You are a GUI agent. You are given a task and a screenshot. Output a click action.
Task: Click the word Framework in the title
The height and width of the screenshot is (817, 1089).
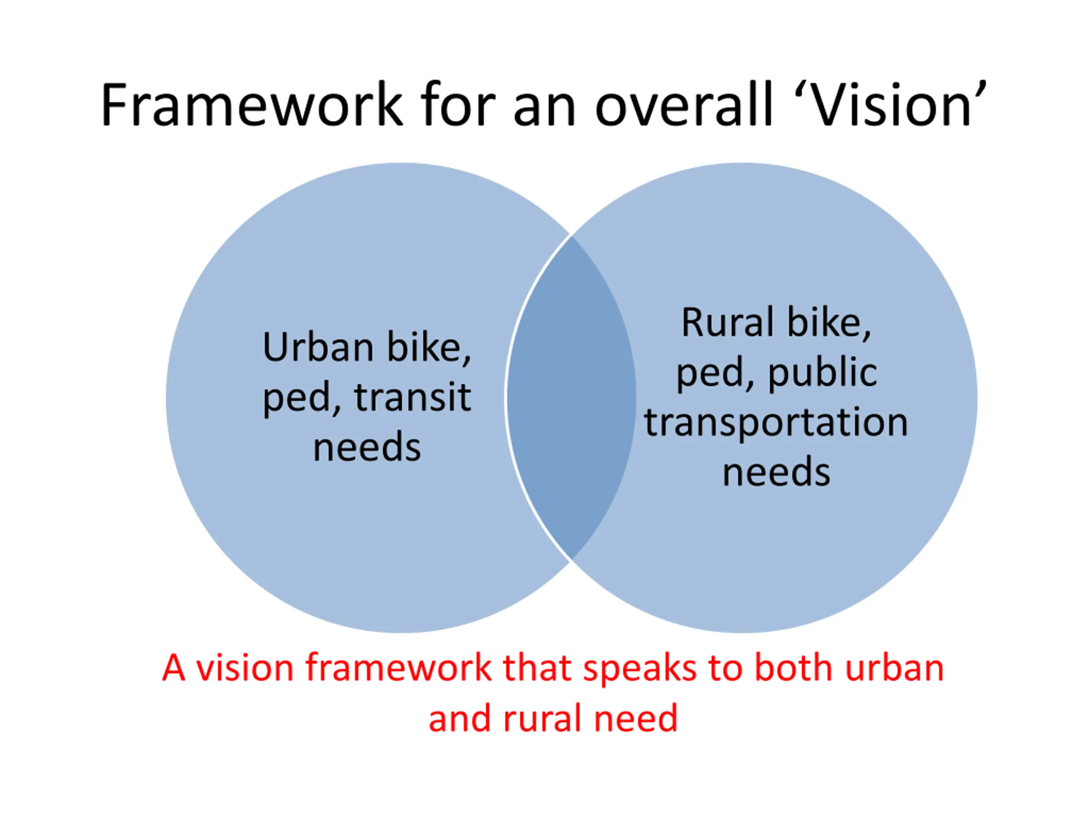251,106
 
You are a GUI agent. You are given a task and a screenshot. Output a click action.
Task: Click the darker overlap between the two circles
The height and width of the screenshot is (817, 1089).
571,398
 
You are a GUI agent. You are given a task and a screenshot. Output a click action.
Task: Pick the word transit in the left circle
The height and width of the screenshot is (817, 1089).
413,398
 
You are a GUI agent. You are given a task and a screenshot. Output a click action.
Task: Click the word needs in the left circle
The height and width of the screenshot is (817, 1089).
367,447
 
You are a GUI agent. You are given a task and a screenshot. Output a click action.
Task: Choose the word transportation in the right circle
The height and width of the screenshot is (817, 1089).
776,423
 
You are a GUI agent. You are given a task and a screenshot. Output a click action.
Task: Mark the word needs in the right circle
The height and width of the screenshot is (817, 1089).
776,472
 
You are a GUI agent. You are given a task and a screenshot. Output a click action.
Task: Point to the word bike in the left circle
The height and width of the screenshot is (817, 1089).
428,348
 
